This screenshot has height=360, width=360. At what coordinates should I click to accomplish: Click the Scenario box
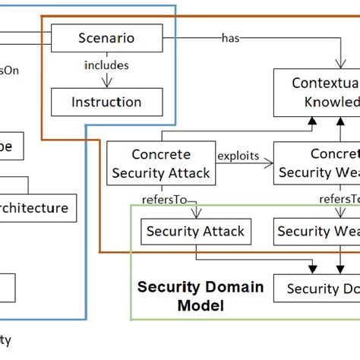pyautogui.click(x=106, y=37)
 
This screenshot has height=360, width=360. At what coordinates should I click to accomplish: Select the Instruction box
pyautogui.click(x=106, y=102)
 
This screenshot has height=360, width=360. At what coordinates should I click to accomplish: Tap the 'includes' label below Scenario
pyautogui.click(x=106, y=66)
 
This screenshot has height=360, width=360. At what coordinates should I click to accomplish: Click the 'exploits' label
pyautogui.click(x=238, y=156)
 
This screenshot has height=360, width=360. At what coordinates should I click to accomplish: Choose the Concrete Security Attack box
pyautogui.click(x=160, y=163)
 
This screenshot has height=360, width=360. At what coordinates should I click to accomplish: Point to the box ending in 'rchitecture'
pyautogui.click(x=38, y=207)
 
